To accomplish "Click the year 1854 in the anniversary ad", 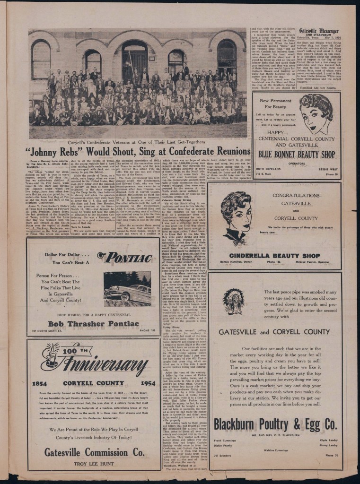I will click(39, 383).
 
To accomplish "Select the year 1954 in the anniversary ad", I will click(148, 383).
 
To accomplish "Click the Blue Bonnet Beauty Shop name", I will click(297, 154).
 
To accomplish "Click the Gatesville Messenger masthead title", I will click(318, 31).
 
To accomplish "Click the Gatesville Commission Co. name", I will click(95, 452).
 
